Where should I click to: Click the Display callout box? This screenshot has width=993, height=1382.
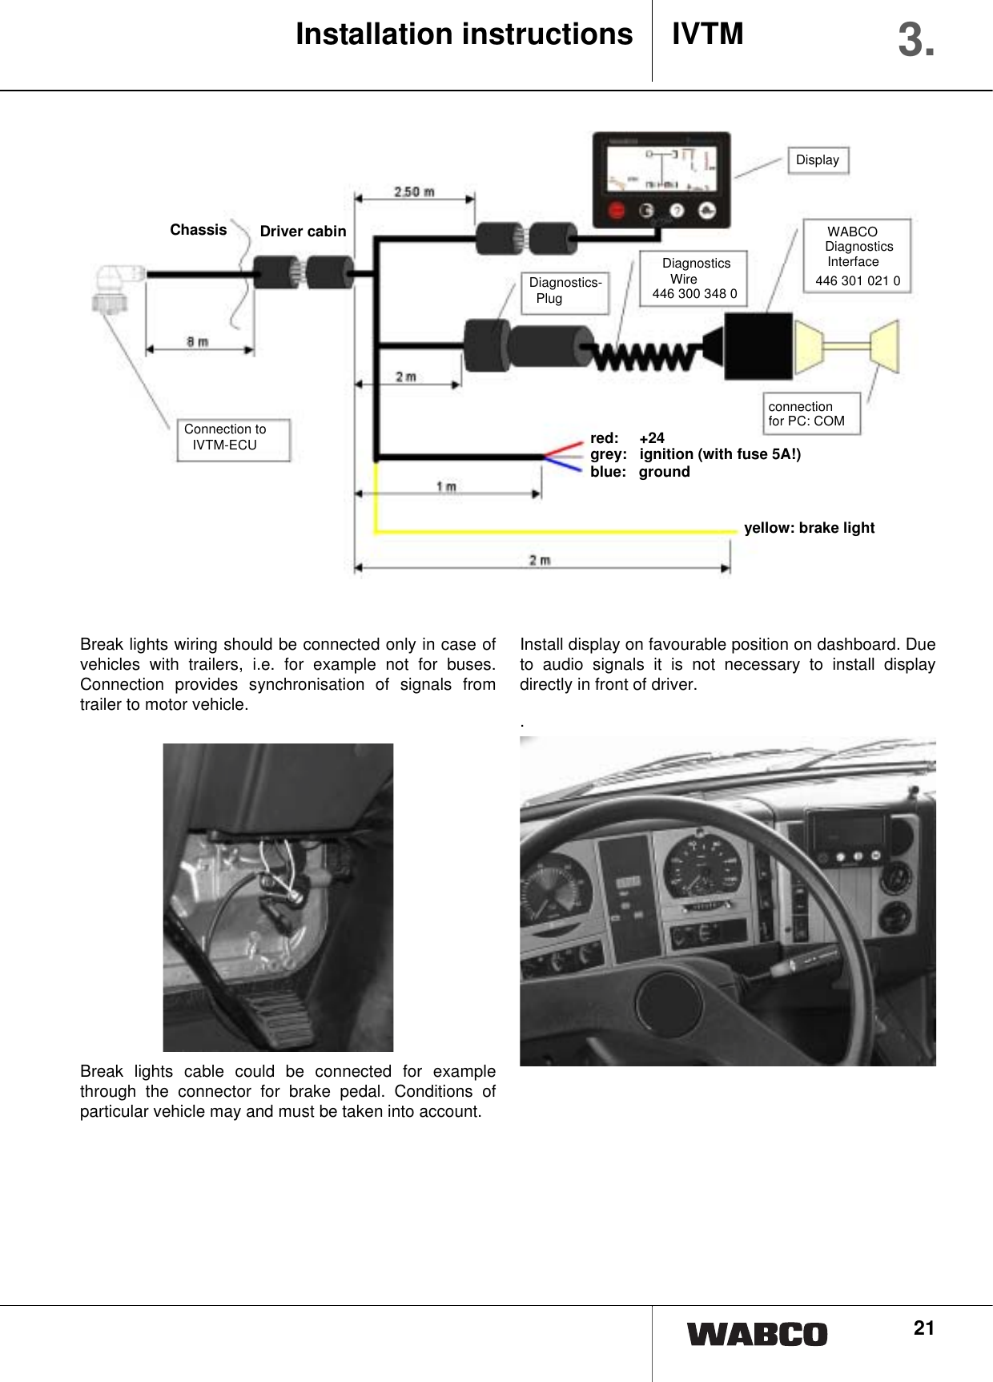(817, 160)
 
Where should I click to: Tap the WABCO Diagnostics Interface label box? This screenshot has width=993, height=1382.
(857, 256)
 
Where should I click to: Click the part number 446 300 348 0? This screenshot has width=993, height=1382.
(694, 294)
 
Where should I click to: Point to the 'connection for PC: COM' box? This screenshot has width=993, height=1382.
(811, 413)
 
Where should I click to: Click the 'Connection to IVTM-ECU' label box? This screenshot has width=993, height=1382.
(232, 439)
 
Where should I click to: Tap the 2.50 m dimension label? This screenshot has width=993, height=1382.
(414, 192)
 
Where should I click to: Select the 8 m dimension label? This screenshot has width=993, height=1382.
(197, 342)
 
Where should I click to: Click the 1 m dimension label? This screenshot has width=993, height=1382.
(446, 486)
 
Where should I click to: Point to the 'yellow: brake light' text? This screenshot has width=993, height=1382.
(809, 528)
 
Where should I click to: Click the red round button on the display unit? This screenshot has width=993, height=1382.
(617, 211)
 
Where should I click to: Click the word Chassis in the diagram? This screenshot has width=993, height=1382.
(198, 230)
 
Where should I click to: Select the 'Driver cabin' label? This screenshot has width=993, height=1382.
(303, 232)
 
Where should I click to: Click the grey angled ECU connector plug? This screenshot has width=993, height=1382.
(112, 288)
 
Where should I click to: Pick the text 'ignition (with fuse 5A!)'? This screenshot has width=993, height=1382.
(719, 454)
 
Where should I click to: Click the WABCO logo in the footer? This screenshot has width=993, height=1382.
(757, 1335)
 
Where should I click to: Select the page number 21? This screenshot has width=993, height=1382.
(923, 1328)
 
